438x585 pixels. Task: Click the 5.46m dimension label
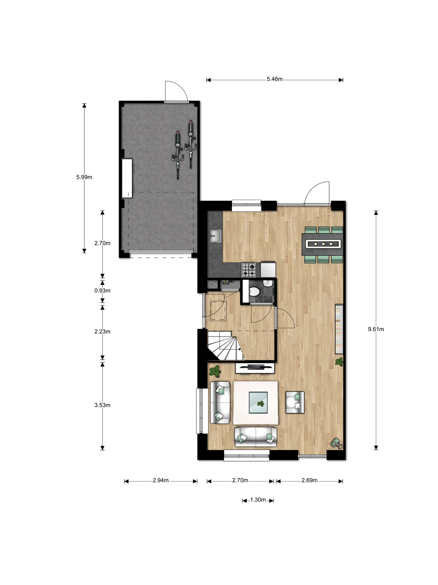coord(275,79)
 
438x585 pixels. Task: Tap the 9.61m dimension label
coord(376,329)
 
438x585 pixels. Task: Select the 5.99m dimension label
coord(84,177)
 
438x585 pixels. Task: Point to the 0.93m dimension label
coord(102,291)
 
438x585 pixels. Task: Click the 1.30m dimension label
coord(258,500)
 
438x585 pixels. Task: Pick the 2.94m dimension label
coord(161,480)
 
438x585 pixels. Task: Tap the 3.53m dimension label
coord(102,405)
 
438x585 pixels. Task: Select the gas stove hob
coord(249,270)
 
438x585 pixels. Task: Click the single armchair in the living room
coord(295,402)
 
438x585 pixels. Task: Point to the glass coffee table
coord(258,403)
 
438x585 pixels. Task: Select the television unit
coord(255,368)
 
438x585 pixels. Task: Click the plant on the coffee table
coord(260,404)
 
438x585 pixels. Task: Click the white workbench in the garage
coord(127,178)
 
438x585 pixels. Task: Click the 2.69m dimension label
coord(309,480)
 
